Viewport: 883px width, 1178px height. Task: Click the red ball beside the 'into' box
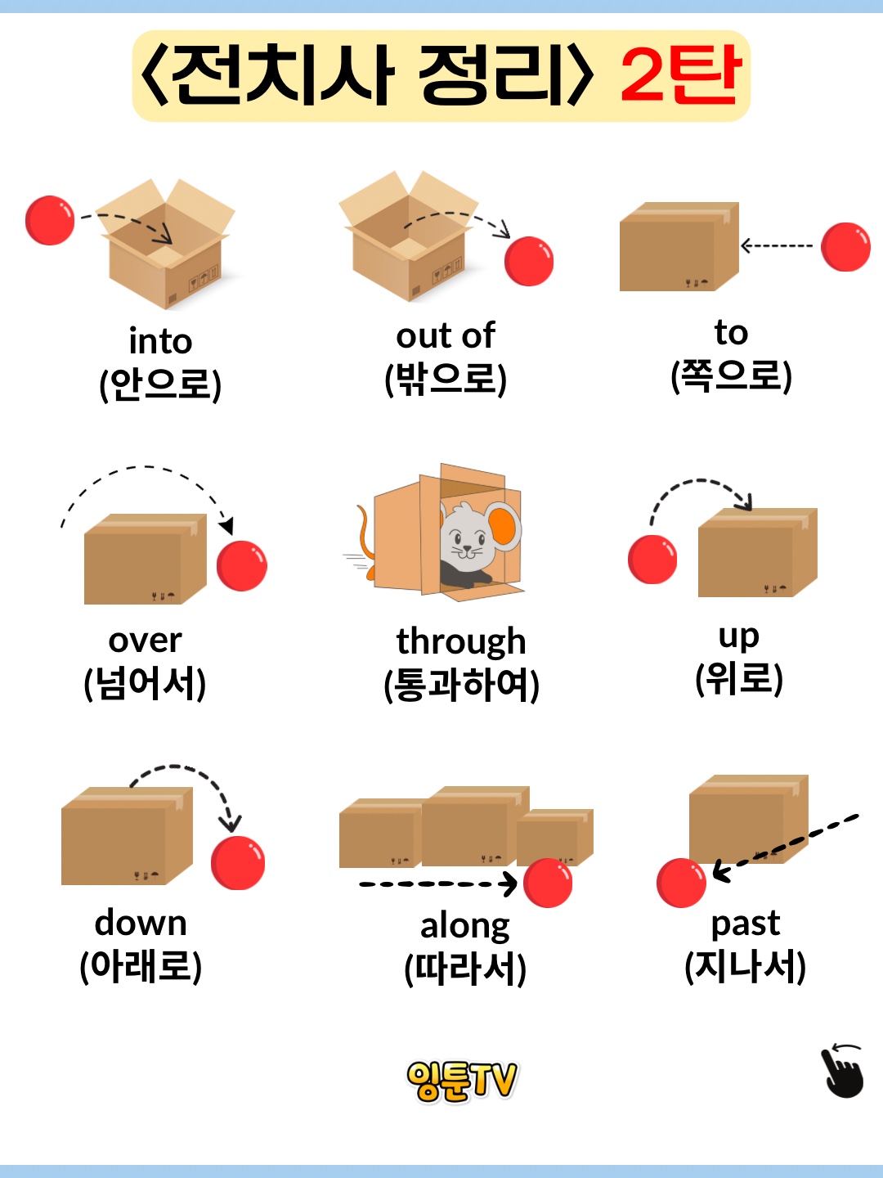pyautogui.click(x=50, y=220)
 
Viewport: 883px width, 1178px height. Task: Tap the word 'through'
pyautogui.click(x=461, y=641)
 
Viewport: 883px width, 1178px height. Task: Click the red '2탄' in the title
pyautogui.click(x=680, y=75)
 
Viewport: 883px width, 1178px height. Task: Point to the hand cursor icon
pyautogui.click(x=843, y=1071)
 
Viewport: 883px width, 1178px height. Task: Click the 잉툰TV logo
pyautogui.click(x=462, y=1081)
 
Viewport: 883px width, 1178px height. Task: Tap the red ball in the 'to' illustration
pyautogui.click(x=845, y=246)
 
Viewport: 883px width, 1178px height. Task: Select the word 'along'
pyautogui.click(x=464, y=926)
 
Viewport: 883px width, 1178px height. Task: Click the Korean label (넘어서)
pyautogui.click(x=145, y=683)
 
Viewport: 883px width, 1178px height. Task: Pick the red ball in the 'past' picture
pyautogui.click(x=681, y=883)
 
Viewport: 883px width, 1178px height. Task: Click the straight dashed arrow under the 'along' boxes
pyautogui.click(x=437, y=883)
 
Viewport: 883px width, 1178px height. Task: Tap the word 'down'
pyautogui.click(x=141, y=923)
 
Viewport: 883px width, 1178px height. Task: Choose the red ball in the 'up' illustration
pyautogui.click(x=652, y=560)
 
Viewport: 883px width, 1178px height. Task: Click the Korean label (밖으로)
pyautogui.click(x=446, y=378)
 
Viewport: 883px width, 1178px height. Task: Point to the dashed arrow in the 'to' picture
pyautogui.click(x=776, y=245)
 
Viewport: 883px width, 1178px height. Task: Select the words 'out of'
pyautogui.click(x=446, y=335)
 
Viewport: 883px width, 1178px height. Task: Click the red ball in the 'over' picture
pyautogui.click(x=242, y=565)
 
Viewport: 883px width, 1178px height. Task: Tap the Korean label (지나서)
pyautogui.click(x=745, y=966)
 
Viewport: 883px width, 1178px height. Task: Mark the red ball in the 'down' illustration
pyautogui.click(x=238, y=862)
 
